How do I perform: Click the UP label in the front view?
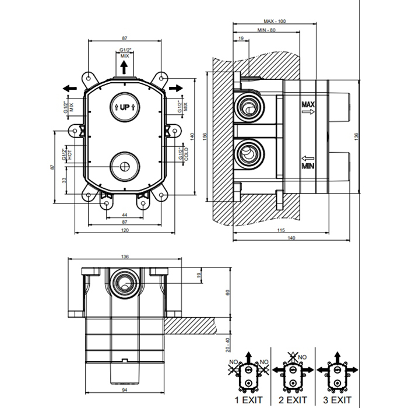(x=124, y=107)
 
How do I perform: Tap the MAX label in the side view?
(x=308, y=104)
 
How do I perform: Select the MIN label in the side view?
(x=308, y=166)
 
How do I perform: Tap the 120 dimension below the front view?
(x=124, y=231)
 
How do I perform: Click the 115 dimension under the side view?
(x=281, y=231)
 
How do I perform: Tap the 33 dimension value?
(x=65, y=180)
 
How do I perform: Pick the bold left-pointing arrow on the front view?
(x=69, y=87)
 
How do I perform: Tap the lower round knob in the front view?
(x=124, y=166)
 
